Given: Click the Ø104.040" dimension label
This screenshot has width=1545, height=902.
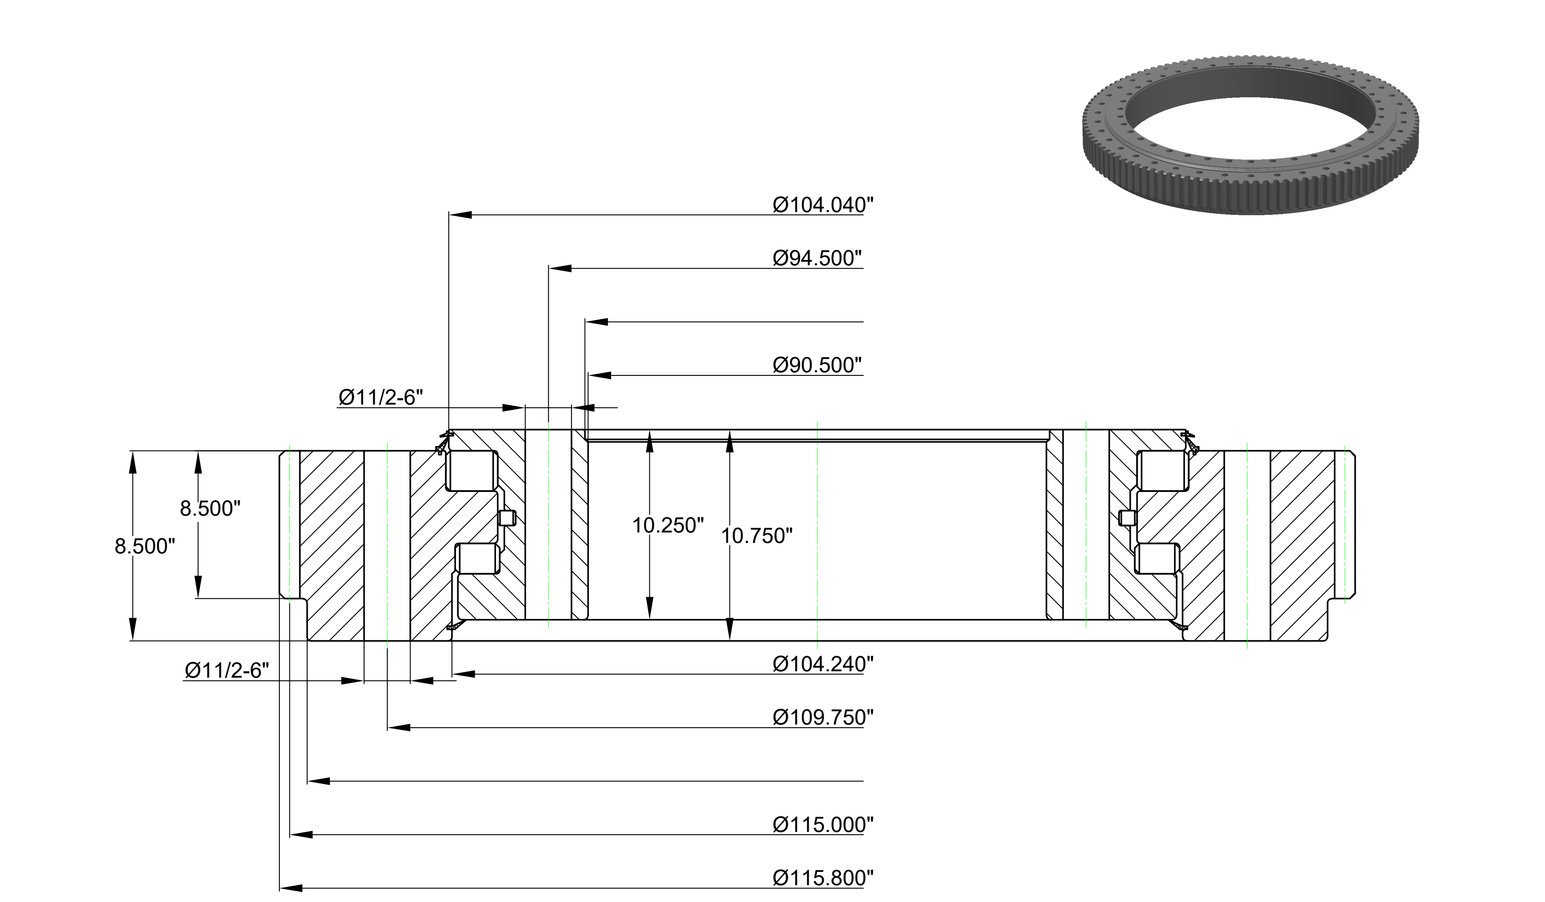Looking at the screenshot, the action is coord(823,205).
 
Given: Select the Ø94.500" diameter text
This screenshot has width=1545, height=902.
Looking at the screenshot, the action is coord(817,258).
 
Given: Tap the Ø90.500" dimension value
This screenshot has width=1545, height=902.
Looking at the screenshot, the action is coord(817,365).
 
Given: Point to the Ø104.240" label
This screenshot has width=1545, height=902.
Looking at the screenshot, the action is coord(823,664).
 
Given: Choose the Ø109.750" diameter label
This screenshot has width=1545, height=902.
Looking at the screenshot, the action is coord(823,717).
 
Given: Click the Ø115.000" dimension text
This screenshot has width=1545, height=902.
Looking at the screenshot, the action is coord(823,824).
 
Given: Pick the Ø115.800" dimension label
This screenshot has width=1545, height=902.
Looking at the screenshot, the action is coord(823,877).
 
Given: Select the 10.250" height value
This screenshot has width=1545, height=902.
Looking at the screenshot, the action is coord(668,526).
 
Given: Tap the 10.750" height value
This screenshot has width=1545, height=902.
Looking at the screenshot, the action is coord(756,536).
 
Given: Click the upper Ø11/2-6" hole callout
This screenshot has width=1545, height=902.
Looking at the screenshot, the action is coord(381,397).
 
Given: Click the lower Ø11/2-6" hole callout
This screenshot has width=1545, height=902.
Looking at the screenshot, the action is coord(227,670).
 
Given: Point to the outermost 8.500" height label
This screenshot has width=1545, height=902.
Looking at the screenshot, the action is coord(145,546).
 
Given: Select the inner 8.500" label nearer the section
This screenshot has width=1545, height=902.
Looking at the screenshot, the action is coord(210,508).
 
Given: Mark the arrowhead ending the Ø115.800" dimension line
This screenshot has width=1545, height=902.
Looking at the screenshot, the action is coord(291,887).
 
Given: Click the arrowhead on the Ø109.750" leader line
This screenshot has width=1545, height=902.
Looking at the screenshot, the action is coord(399,727).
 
